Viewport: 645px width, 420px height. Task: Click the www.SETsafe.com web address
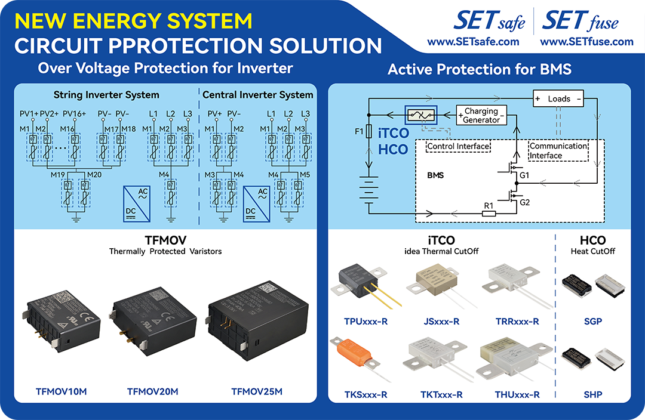(473, 42)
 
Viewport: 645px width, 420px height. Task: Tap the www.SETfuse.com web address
(586, 42)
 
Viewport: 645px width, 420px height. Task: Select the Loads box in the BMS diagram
(558, 99)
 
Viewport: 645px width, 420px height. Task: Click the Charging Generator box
(481, 115)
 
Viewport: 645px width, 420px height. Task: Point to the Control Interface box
(457, 146)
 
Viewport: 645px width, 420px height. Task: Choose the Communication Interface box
(558, 150)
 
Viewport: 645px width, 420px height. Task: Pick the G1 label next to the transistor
(524, 177)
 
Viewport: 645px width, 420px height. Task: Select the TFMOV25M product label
(257, 391)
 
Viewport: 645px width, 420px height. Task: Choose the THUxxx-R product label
(517, 394)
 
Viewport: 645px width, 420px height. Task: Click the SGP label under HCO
(593, 322)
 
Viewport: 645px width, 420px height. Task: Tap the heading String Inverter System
(106, 95)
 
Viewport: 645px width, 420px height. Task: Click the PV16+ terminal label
(74, 113)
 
